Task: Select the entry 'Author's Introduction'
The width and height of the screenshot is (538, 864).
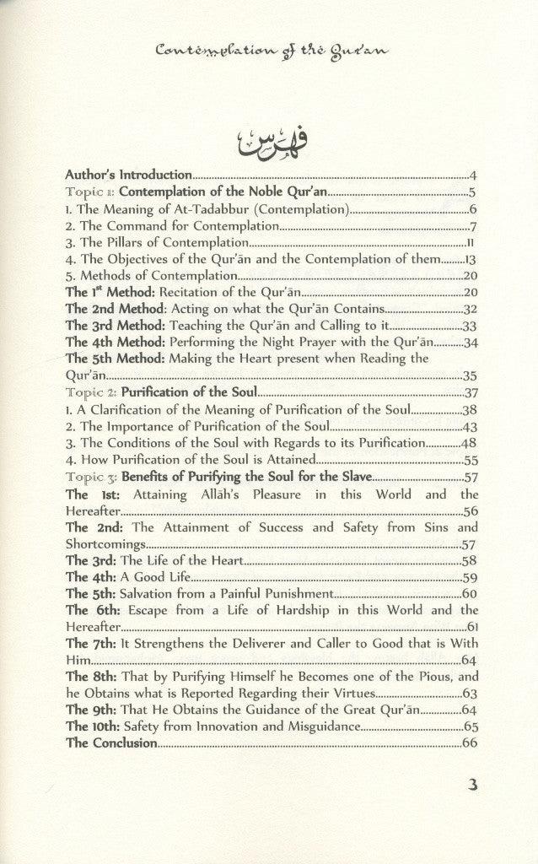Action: tap(129, 175)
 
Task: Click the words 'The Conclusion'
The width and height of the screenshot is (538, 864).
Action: tap(111, 742)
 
